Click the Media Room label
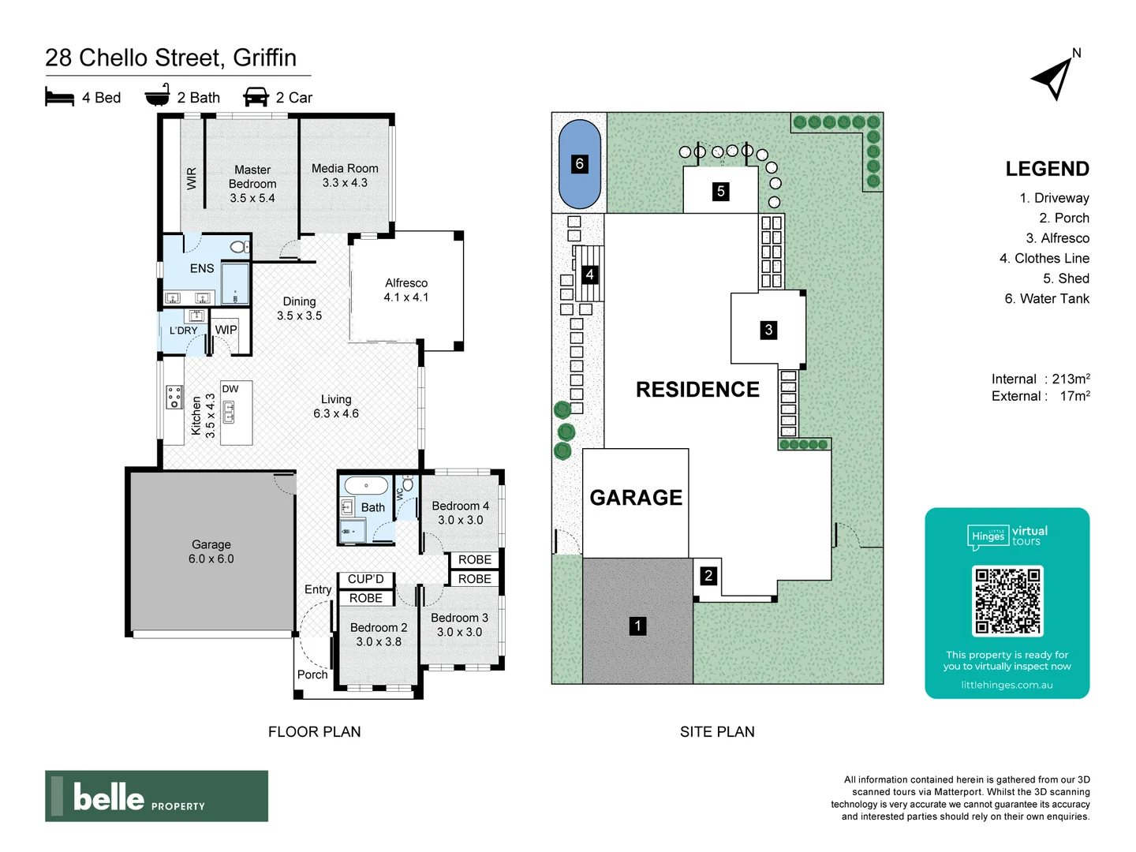tap(345, 175)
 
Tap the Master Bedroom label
tap(252, 183)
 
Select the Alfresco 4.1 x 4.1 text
tap(406, 290)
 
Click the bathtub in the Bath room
tap(367, 485)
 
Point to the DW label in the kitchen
tap(230, 389)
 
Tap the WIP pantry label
tap(226, 330)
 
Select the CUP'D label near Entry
tap(366, 579)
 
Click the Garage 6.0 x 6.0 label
tap(211, 551)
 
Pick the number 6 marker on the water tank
tap(580, 163)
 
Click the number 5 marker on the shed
tap(720, 191)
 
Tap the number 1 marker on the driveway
tap(637, 626)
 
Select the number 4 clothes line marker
tap(589, 275)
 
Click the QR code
tap(1007, 601)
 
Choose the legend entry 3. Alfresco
tap(1057, 238)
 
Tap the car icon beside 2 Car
tap(256, 97)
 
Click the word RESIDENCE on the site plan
tap(697, 390)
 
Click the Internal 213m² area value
tap(1071, 379)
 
